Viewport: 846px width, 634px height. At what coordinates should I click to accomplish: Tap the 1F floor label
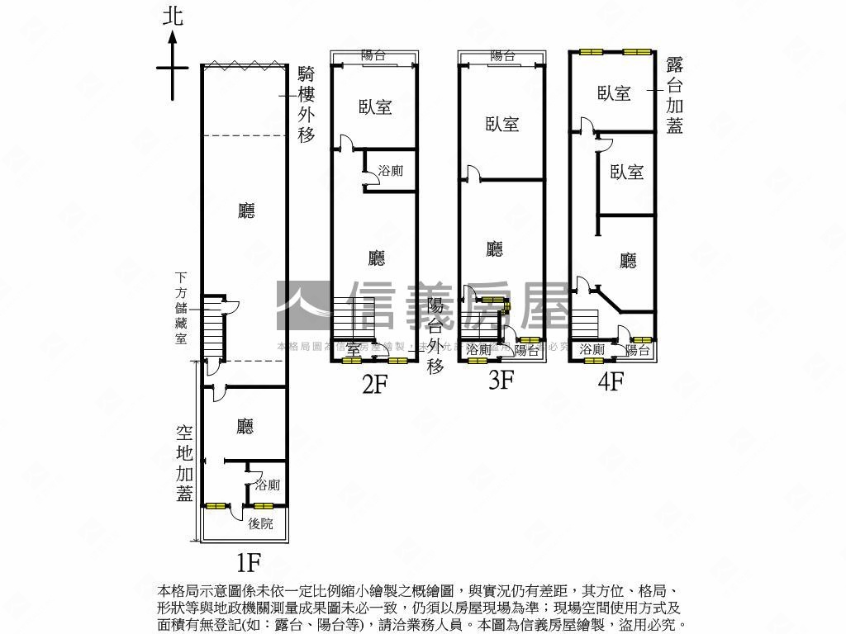(249, 564)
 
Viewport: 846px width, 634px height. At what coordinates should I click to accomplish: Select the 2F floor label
(373, 384)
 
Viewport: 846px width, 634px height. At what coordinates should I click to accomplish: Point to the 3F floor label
(501, 381)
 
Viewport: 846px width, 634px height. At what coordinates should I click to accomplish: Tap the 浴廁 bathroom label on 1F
(268, 485)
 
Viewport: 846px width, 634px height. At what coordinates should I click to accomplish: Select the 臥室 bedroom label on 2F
(375, 106)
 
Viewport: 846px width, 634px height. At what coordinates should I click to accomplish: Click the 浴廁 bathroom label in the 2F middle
(390, 171)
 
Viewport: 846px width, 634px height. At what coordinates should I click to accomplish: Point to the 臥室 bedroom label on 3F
(502, 124)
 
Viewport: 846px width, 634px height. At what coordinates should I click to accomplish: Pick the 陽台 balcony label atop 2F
(373, 56)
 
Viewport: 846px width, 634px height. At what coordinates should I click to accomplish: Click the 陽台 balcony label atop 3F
(502, 56)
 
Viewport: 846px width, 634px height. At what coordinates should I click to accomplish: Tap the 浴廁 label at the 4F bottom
(592, 350)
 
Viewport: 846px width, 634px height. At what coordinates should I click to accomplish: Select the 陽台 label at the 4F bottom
(637, 350)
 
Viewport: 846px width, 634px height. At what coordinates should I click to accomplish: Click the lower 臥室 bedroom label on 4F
(627, 172)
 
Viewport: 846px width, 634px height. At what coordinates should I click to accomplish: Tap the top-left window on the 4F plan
(591, 52)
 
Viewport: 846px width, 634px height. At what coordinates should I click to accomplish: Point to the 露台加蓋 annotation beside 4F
(674, 95)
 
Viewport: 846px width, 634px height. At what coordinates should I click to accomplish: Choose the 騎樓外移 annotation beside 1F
(307, 104)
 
